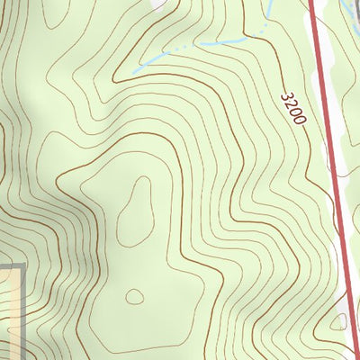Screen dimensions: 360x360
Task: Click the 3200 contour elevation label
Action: point(294,107)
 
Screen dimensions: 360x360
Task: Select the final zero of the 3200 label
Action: point(300,119)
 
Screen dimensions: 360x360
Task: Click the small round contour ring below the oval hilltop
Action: point(135,296)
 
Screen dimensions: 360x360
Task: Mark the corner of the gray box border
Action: point(21,266)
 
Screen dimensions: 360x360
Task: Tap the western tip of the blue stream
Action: point(135,69)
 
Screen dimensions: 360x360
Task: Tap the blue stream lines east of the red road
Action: point(346,27)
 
